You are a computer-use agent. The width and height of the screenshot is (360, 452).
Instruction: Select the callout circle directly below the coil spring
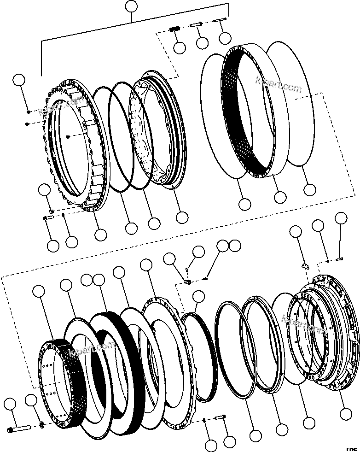180,47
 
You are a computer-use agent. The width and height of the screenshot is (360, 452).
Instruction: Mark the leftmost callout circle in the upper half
19,80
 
